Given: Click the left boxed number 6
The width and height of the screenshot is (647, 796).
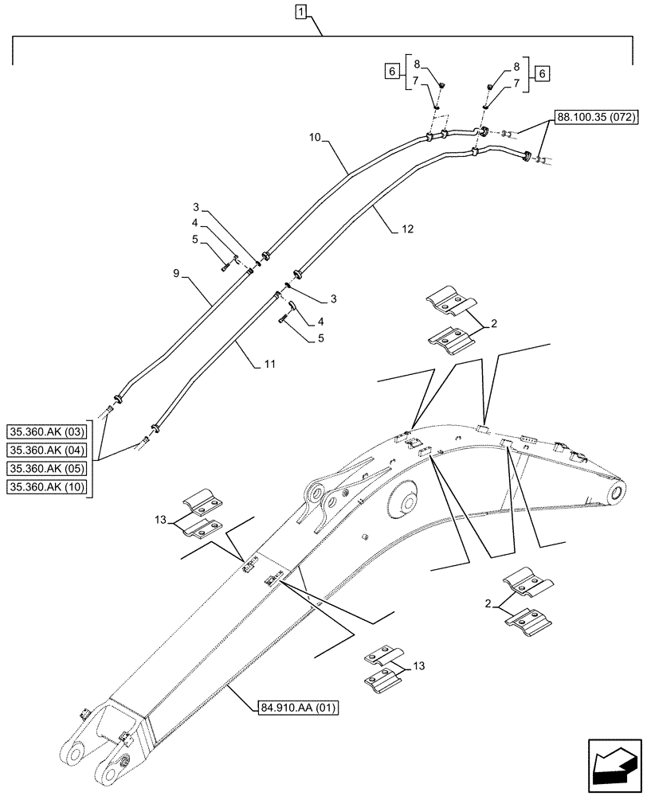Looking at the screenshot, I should pyautogui.click(x=391, y=72).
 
